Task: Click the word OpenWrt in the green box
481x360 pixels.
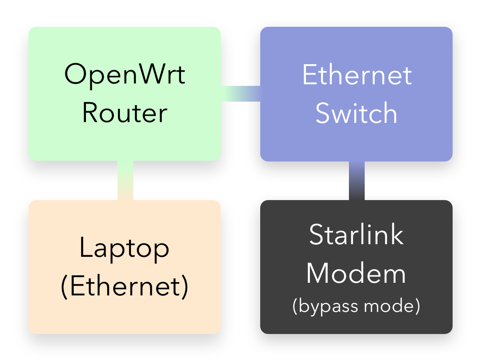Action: click(x=125, y=74)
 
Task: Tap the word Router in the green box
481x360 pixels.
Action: click(x=125, y=113)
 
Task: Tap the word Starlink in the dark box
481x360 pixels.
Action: click(x=356, y=234)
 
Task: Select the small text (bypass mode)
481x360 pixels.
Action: click(x=356, y=306)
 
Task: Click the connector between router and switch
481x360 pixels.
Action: click(x=240, y=93)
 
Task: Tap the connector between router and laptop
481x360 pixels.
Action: click(x=125, y=180)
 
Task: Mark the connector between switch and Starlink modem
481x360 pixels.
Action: click(x=356, y=180)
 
